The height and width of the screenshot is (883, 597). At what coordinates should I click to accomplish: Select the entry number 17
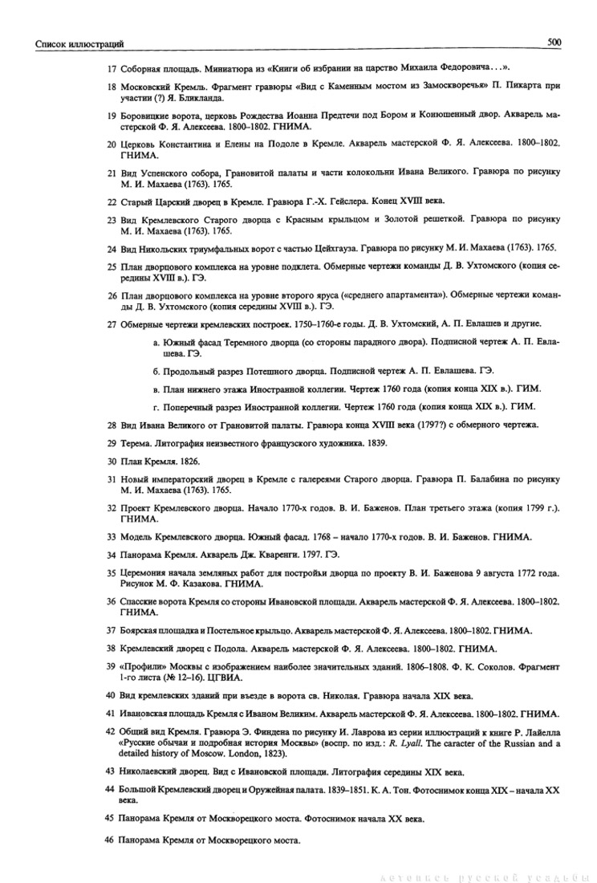[x=112, y=67]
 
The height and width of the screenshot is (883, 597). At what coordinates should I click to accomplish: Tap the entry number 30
[x=112, y=462]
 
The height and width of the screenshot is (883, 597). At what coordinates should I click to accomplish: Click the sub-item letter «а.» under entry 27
[x=156, y=344]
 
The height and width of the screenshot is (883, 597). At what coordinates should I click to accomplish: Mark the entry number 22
[x=112, y=199]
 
